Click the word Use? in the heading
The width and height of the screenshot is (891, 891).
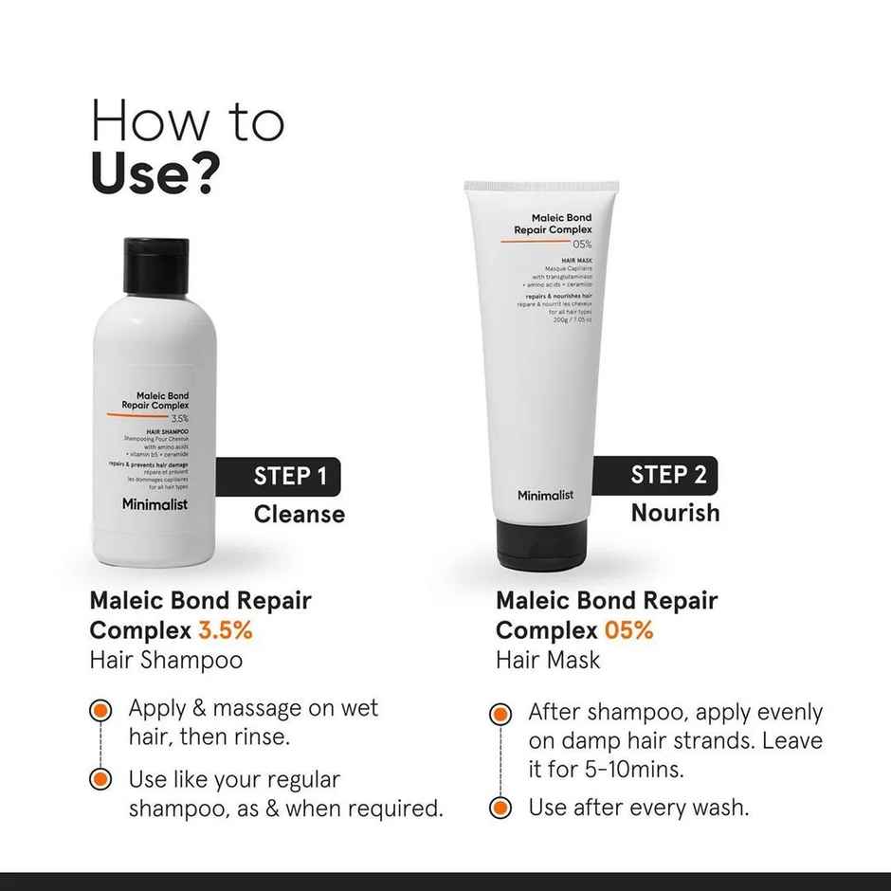click(x=156, y=172)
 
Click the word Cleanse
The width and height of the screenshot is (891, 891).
click(x=299, y=515)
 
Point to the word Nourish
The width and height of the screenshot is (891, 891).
click(x=675, y=513)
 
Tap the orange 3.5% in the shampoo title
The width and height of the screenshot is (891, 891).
click(x=225, y=629)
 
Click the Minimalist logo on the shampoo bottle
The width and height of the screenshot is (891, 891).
click(x=155, y=504)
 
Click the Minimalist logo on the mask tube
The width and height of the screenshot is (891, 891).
click(x=545, y=495)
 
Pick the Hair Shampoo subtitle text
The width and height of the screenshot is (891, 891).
click(x=166, y=660)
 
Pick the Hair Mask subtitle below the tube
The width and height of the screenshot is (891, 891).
click(x=548, y=660)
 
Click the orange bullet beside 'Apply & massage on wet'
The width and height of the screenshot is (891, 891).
click(x=100, y=709)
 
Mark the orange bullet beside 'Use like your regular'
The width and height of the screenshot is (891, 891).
click(x=100, y=780)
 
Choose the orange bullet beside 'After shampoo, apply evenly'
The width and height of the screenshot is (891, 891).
click(x=500, y=714)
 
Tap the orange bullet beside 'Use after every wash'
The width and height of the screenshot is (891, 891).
click(x=500, y=809)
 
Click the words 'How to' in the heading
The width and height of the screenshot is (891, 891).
click(x=188, y=122)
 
